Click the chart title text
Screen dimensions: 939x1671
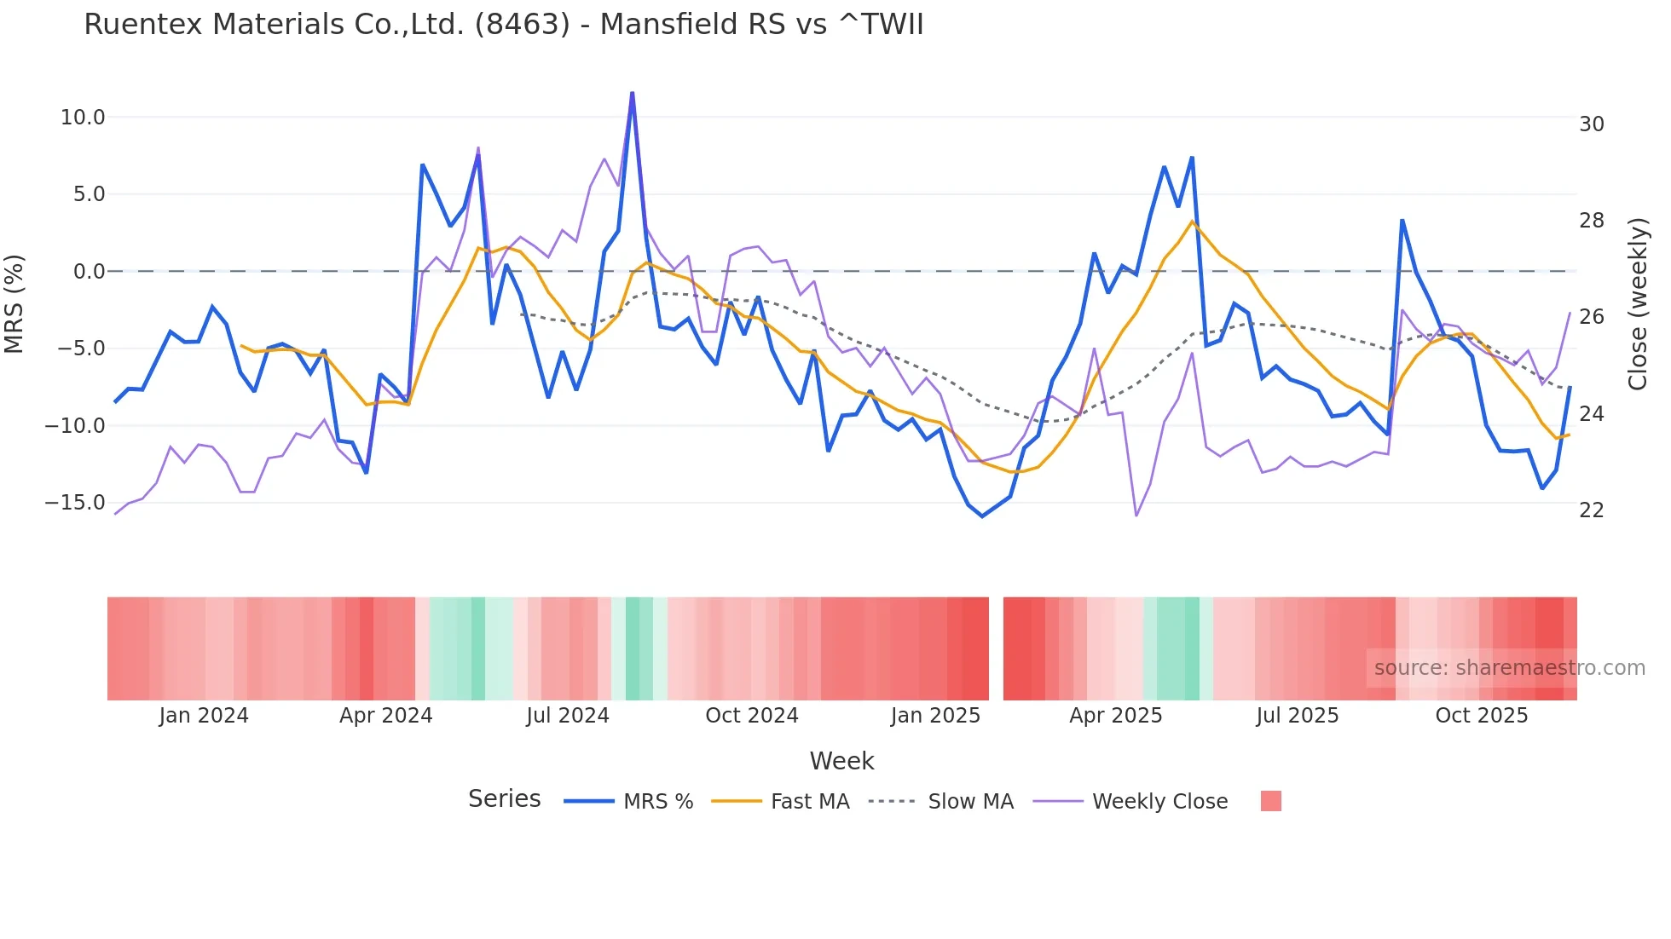pyautogui.click(x=503, y=24)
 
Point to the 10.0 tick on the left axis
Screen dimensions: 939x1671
pyautogui.click(x=82, y=118)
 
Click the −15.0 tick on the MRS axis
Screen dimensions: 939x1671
pyautogui.click(x=75, y=503)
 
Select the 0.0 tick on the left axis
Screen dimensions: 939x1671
pyautogui.click(x=89, y=272)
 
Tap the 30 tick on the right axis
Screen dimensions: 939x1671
pyautogui.click(x=1591, y=124)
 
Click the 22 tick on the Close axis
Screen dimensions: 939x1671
pyautogui.click(x=1591, y=510)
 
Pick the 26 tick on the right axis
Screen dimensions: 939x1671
pyautogui.click(x=1591, y=317)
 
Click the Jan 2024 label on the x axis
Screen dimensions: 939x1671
pyautogui.click(x=203, y=716)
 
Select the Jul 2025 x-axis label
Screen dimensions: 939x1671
pyautogui.click(x=1297, y=716)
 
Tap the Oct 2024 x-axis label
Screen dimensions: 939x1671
pyautogui.click(x=751, y=716)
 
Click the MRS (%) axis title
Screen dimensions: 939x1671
pyautogui.click(x=14, y=303)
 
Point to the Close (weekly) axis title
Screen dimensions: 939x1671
pyautogui.click(x=1637, y=304)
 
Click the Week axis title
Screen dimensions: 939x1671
pyautogui.click(x=841, y=761)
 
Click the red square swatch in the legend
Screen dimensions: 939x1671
pyautogui.click(x=1270, y=801)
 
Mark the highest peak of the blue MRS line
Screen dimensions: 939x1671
pyautogui.click(x=632, y=93)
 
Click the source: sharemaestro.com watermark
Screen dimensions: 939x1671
pyautogui.click(x=1509, y=668)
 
